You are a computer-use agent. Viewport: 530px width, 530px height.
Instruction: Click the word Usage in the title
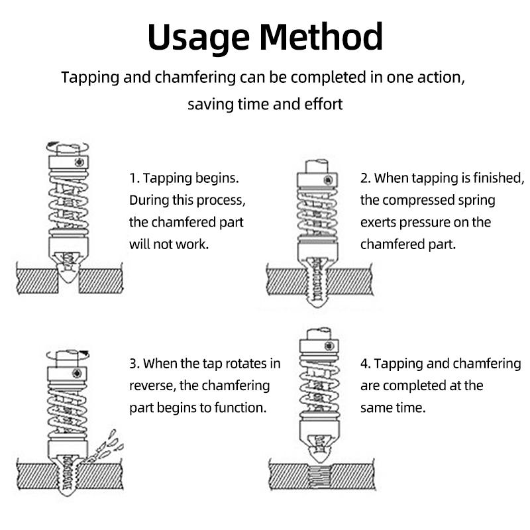(x=198, y=37)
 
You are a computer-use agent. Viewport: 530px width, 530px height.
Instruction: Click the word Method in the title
(x=321, y=36)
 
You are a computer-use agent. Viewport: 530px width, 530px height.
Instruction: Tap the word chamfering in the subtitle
(x=195, y=78)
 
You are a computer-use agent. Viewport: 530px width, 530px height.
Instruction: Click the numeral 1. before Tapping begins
(x=134, y=178)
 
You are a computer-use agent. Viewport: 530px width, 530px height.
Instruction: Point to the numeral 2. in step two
(x=366, y=178)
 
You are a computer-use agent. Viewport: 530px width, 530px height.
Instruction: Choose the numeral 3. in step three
(x=134, y=364)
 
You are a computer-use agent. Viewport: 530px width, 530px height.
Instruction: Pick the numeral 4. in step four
(x=366, y=364)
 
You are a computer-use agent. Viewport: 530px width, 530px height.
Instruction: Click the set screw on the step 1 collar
(x=79, y=162)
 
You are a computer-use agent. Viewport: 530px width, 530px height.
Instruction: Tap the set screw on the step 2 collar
(x=328, y=180)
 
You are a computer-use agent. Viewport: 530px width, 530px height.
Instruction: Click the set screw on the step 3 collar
(x=77, y=373)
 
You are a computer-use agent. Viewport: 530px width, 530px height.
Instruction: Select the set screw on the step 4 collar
(x=329, y=346)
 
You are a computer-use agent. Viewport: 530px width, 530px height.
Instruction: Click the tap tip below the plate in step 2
(x=317, y=301)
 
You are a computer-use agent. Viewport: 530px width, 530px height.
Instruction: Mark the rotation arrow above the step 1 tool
(x=68, y=147)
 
